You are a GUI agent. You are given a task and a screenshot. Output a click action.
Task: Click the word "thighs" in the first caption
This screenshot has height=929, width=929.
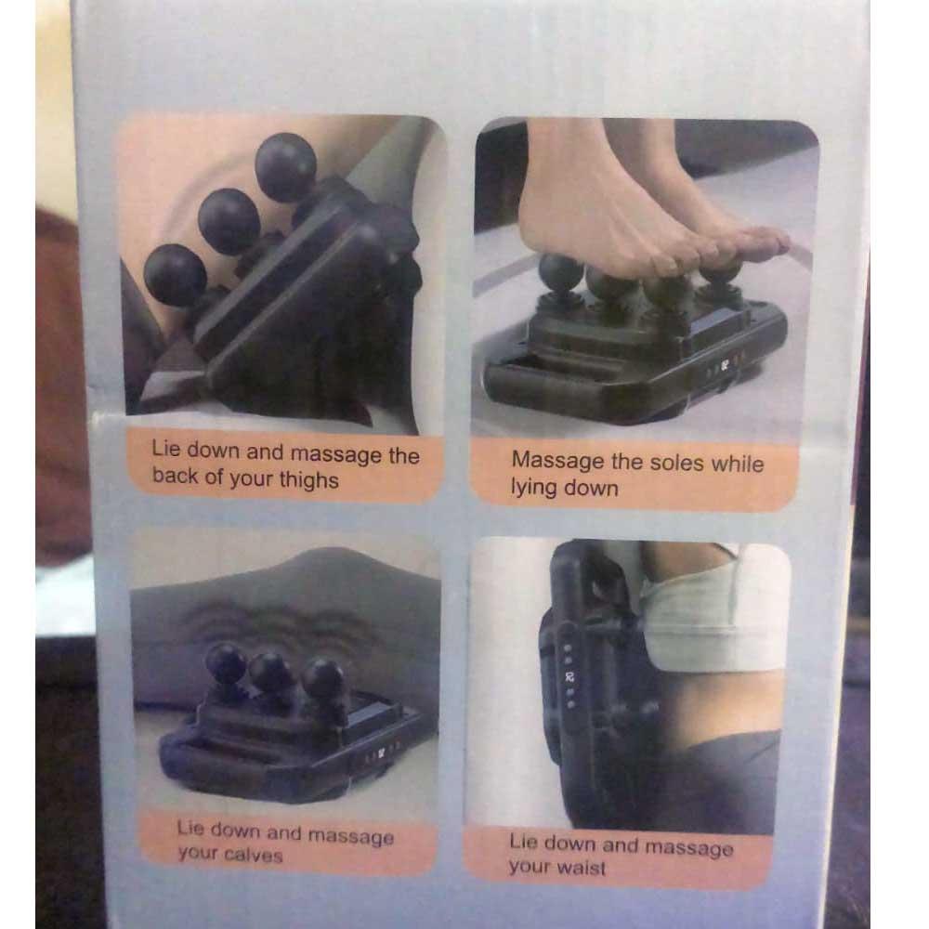pyautogui.click(x=308, y=479)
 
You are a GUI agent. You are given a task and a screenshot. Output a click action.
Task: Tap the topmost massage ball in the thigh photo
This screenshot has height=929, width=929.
pyautogui.click(x=285, y=166)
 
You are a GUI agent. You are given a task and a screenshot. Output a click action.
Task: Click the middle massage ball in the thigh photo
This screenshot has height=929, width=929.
pyautogui.click(x=229, y=220)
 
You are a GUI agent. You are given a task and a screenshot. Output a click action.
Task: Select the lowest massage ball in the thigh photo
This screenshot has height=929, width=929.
pyautogui.click(x=175, y=275)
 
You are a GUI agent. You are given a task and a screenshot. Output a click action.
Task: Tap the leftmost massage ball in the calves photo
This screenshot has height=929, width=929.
pyautogui.click(x=225, y=663)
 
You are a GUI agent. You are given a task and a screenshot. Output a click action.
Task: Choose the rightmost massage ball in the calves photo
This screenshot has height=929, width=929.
pyautogui.click(x=322, y=677)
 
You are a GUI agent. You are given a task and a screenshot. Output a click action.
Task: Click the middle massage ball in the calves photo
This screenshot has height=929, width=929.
pyautogui.click(x=270, y=672)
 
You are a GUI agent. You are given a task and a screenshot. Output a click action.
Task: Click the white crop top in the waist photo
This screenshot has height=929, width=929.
pyautogui.click(x=713, y=616)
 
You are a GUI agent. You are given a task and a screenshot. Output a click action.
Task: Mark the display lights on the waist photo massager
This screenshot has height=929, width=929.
pyautogui.click(x=569, y=675)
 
